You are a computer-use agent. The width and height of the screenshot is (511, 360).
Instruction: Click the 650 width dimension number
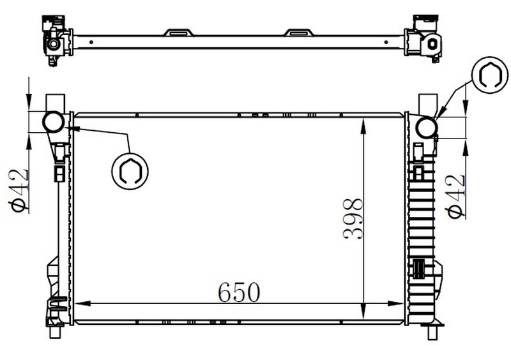pyautogui.click(x=239, y=292)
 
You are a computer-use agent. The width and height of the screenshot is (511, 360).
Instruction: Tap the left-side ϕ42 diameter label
pyautogui.click(x=19, y=191)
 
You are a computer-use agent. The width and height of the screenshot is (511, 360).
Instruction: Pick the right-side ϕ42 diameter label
pyautogui.click(x=455, y=196)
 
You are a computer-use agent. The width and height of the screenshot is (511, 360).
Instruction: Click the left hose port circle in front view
pyautogui.click(x=53, y=122)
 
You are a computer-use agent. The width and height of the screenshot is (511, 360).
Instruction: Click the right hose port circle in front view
pyautogui.click(x=427, y=128)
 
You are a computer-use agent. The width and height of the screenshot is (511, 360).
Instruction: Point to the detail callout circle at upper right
pyautogui.click(x=490, y=75)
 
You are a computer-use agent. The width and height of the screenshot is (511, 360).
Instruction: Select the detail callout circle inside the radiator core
pyautogui.click(x=130, y=171)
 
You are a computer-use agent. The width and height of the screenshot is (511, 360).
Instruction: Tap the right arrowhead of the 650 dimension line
pyautogui.click(x=396, y=304)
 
